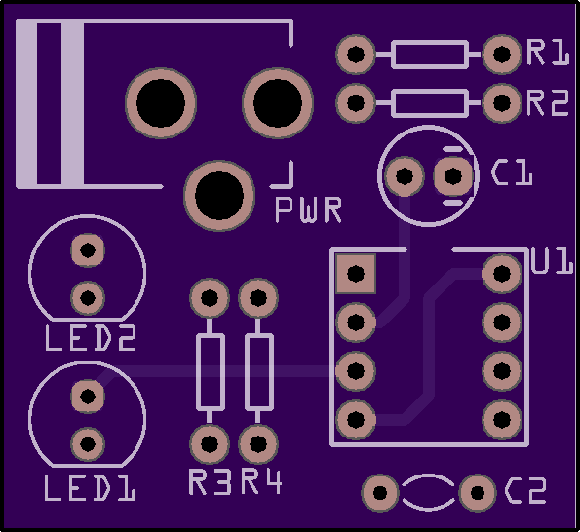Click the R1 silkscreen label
click(x=548, y=53)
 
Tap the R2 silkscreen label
click(x=548, y=102)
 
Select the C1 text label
click(x=512, y=172)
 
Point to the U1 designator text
click(x=553, y=260)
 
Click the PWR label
click(x=308, y=209)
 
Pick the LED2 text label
click(x=91, y=338)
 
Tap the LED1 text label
click(x=90, y=488)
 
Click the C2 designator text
click(x=525, y=491)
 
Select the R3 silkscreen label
click(x=211, y=481)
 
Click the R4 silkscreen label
click(x=261, y=481)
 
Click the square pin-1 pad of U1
click(x=356, y=274)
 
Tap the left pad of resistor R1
click(x=356, y=55)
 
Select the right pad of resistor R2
click(x=502, y=103)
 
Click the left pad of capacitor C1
click(x=405, y=176)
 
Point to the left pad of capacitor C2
click(x=380, y=492)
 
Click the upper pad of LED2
click(x=88, y=250)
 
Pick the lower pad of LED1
click(x=88, y=444)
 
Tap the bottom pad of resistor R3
click(x=210, y=444)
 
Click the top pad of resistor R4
click(x=258, y=298)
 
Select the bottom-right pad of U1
click(x=502, y=420)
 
